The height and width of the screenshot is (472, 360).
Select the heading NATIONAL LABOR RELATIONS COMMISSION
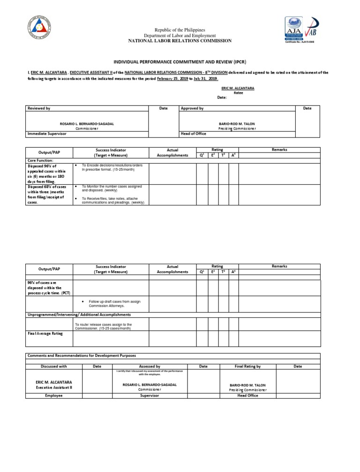(x=180, y=41)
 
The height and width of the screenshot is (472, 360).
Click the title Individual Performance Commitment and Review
(x=180, y=61)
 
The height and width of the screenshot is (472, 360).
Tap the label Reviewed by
(x=39, y=108)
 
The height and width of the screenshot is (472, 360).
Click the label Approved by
(x=192, y=108)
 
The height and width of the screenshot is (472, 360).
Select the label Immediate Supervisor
(x=47, y=134)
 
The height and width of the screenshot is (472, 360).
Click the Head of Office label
(x=193, y=134)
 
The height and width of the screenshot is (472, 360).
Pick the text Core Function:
(x=40, y=160)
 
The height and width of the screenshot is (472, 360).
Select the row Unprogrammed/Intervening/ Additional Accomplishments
(x=79, y=314)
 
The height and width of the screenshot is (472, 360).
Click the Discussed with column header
(x=53, y=366)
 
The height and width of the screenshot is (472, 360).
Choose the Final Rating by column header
(x=247, y=366)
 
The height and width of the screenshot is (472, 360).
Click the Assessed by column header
(x=150, y=366)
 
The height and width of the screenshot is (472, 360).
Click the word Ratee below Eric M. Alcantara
(x=238, y=93)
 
